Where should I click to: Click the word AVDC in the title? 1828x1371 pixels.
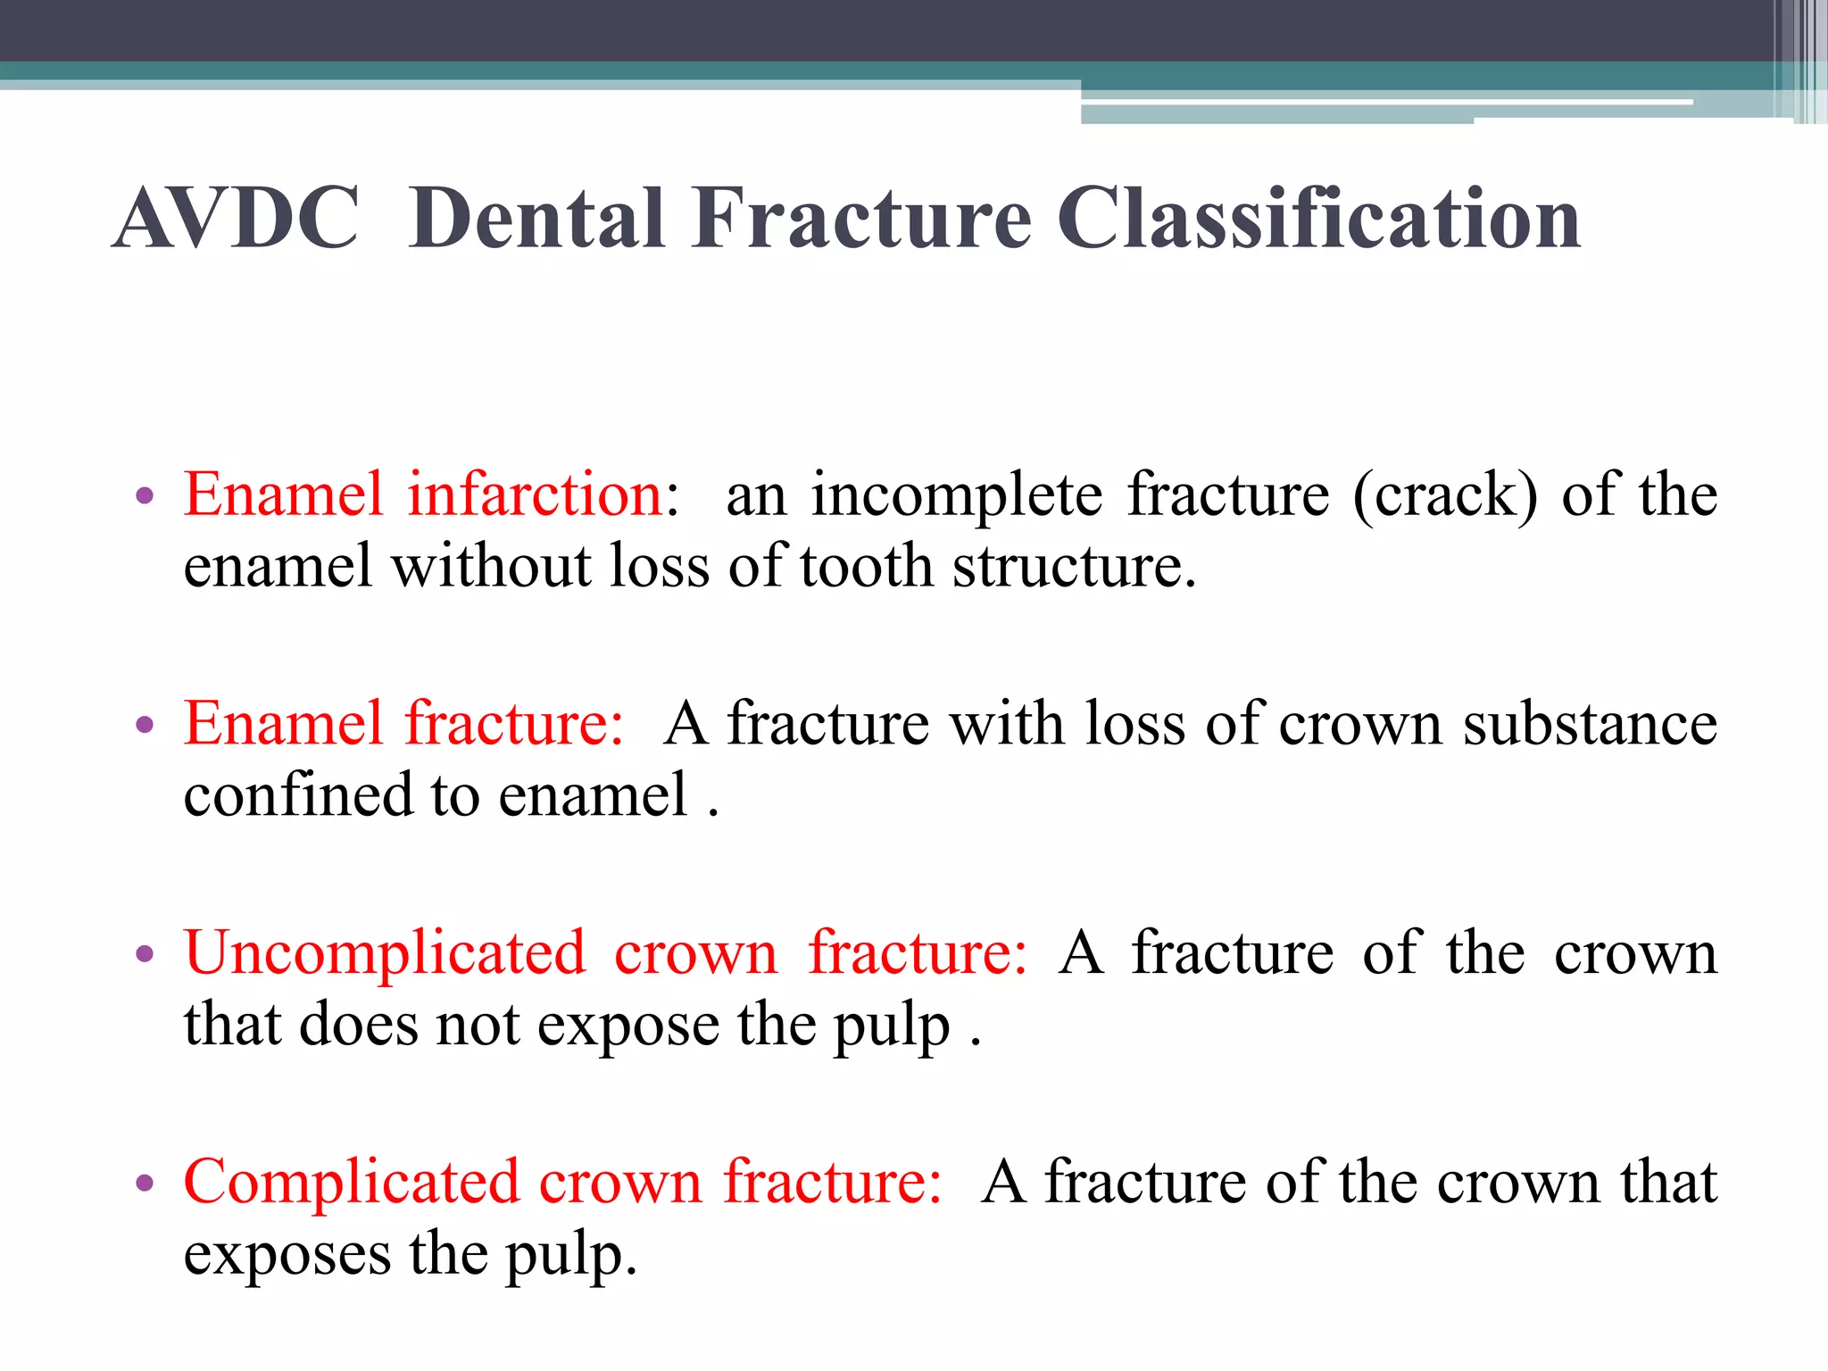click(x=237, y=219)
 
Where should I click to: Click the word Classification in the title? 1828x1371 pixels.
click(x=1318, y=219)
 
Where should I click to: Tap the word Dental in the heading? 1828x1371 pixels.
click(x=538, y=219)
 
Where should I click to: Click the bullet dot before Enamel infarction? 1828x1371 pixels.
click(x=145, y=496)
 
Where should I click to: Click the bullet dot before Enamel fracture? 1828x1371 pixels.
click(x=145, y=725)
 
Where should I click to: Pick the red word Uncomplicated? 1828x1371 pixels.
click(x=385, y=953)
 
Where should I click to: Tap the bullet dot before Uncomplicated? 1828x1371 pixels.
click(x=145, y=954)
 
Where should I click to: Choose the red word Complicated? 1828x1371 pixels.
click(x=352, y=1182)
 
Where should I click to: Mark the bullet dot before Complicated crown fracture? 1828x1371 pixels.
click(x=145, y=1184)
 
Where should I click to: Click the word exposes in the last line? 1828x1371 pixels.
click(x=287, y=1255)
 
